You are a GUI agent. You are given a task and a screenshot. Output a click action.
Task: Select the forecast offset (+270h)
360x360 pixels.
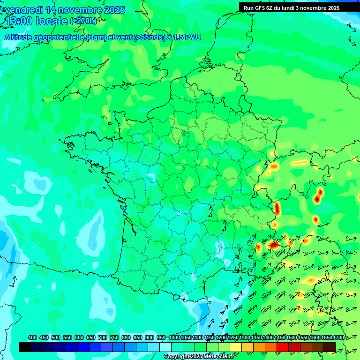point(83,21)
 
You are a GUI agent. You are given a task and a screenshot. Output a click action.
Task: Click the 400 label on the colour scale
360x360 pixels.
point(32,338)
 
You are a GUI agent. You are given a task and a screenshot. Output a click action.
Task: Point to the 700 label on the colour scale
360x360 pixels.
point(103,338)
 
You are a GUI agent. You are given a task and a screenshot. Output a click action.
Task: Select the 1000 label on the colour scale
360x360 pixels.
point(174,338)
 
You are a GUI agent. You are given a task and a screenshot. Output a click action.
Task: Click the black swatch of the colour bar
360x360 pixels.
point(25,347)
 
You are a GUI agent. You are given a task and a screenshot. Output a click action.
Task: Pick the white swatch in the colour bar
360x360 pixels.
point(165,347)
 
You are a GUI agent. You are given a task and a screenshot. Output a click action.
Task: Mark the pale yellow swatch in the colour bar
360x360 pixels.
point(236,347)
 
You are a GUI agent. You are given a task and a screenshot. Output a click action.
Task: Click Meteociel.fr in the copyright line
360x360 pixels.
point(219,357)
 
